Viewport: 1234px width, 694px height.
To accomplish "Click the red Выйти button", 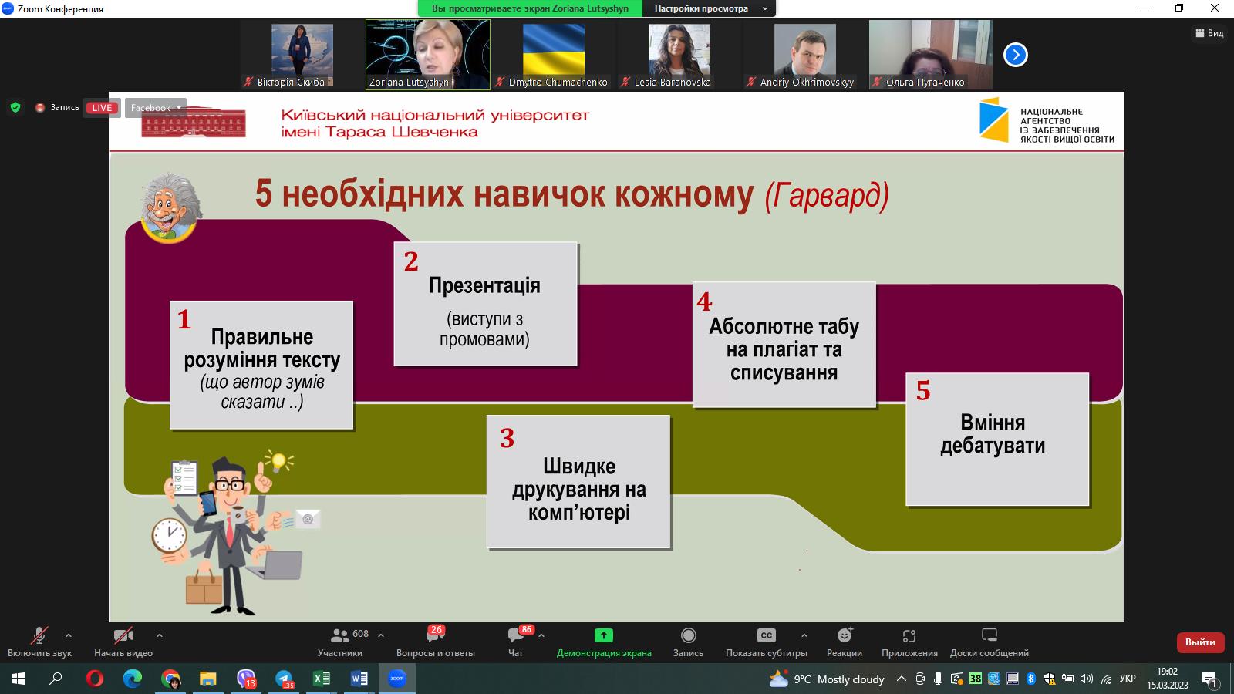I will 1200,642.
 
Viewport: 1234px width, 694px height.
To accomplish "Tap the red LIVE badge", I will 102,108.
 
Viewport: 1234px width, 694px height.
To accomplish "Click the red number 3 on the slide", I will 507,439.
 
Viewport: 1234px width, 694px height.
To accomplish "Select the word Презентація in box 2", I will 484,286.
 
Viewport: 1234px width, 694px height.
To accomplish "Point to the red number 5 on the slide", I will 923,391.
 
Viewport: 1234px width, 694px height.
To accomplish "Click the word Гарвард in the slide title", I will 827,196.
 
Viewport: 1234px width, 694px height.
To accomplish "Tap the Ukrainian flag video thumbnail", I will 553,49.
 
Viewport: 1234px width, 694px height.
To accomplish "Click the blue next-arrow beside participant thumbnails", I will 1015,55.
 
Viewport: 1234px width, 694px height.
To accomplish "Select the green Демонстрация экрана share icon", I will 603,635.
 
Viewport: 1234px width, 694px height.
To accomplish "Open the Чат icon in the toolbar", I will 515,635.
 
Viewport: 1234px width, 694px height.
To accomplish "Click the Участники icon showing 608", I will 339,635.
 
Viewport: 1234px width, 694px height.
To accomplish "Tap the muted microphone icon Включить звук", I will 39,635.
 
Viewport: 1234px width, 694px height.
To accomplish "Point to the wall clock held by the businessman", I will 169,534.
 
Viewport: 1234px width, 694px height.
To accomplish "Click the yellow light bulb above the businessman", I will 278,462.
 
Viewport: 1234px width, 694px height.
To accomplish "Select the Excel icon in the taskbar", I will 321,679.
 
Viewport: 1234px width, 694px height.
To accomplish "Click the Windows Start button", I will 18,679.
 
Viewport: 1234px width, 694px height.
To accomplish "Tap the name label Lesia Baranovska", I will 673,83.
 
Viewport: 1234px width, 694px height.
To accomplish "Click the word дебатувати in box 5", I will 993,446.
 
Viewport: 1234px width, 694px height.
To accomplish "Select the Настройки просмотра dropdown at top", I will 710,8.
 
